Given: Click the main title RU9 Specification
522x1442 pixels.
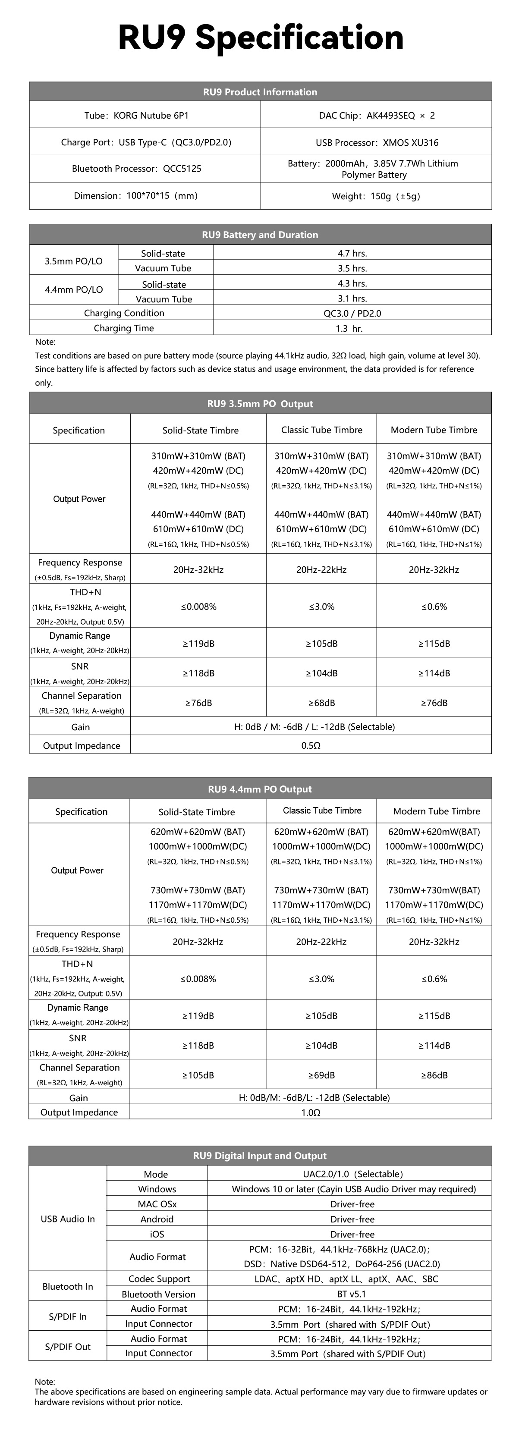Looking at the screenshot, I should (261, 38).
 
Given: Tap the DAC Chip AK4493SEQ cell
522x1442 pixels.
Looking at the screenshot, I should (376, 115).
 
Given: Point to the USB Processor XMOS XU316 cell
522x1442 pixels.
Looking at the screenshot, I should (376, 142).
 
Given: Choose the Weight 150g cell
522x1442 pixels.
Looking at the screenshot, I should (376, 196).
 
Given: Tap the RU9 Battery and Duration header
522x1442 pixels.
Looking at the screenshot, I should (260, 235).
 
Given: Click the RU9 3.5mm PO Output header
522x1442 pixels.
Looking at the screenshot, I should (260, 404).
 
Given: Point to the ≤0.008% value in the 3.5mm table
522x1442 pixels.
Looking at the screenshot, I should (198, 606).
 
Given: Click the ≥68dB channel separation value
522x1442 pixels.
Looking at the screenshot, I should (321, 703).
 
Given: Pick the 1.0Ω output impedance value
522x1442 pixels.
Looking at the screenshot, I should (311, 1112).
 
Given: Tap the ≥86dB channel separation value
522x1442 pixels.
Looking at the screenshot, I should (434, 1075).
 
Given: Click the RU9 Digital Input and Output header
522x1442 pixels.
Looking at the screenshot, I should (260, 1156).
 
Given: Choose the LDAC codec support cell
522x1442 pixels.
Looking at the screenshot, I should (346, 1279).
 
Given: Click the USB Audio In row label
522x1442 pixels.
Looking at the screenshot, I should (68, 1219).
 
